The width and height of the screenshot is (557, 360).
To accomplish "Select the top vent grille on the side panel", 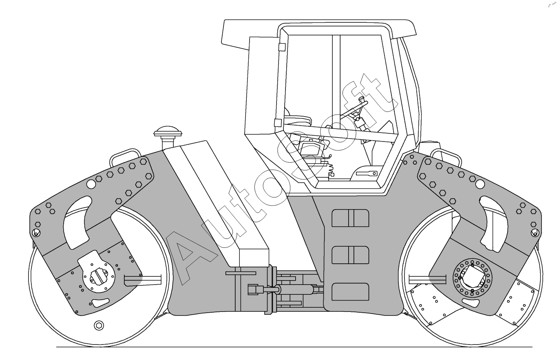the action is pos(350,218).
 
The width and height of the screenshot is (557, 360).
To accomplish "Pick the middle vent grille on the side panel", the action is pos(350,255).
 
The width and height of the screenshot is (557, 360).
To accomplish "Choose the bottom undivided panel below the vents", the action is pos(350,292).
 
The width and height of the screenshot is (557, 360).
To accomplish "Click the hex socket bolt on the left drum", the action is pos(99,325).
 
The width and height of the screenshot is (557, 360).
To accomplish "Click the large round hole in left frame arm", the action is pos(91,185).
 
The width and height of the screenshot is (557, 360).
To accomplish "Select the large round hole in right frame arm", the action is pos(480,185).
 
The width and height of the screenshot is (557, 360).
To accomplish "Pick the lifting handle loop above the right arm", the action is pos(446,155).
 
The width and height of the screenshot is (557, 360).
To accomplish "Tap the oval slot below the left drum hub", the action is pos(101,303).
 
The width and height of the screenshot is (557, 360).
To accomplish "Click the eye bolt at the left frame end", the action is pos(36,233).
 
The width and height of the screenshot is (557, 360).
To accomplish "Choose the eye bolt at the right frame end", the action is pos(535,233).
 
